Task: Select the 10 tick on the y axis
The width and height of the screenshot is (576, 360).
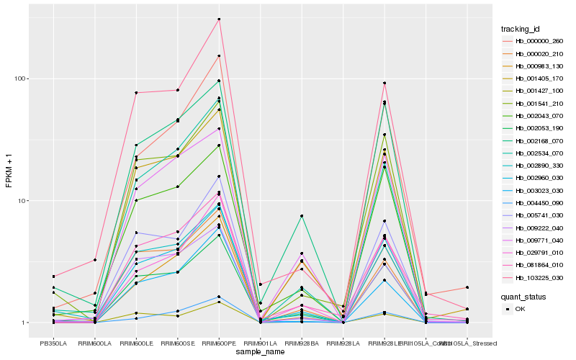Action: pos(22,201)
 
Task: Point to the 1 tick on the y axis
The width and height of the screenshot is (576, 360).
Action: pos(24,323)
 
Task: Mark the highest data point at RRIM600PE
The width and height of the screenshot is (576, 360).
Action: pos(219,19)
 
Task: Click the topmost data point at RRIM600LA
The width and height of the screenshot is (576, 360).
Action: pos(95,260)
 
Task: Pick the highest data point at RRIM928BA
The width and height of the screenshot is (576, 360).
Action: pos(302,216)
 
